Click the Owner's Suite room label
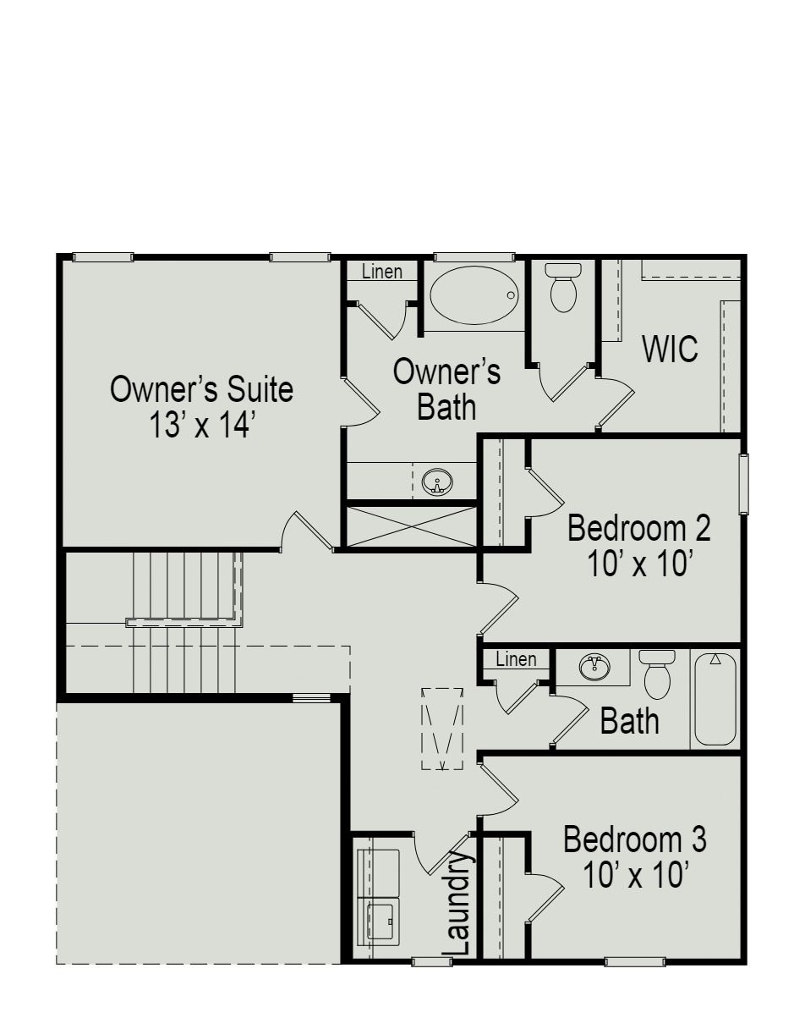coord(201,390)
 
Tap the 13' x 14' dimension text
coord(201,425)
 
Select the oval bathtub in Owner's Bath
coord(473,295)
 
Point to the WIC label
coord(670,349)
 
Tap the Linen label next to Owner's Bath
coord(381,272)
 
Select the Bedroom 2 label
coord(638,528)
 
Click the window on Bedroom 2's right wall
coord(743,484)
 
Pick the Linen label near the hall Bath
coord(516,659)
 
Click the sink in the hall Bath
coord(594,668)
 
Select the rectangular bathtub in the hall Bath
coord(715,699)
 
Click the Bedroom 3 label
coord(634,840)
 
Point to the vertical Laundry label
coord(457,904)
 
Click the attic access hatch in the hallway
coord(442,729)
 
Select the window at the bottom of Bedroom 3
coord(634,961)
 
